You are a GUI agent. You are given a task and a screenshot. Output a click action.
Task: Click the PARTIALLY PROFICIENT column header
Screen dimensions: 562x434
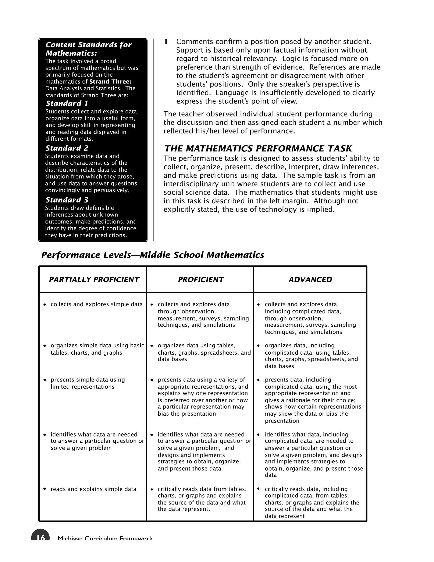94,280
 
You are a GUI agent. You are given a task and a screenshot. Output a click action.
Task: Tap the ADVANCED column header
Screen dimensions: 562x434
310,280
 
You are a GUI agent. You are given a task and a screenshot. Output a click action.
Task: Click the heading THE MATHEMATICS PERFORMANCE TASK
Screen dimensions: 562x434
258,148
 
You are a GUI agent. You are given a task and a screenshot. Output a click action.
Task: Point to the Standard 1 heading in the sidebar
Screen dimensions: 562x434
67,103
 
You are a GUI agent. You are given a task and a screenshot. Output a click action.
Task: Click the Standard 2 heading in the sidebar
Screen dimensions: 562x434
67,148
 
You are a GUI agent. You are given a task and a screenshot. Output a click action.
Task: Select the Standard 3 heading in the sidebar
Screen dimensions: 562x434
67,200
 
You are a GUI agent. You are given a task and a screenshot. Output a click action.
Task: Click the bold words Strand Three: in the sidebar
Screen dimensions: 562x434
110,82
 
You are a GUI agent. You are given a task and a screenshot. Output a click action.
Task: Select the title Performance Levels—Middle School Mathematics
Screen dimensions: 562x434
153,255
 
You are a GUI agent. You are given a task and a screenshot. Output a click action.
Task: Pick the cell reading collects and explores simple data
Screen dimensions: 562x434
96,304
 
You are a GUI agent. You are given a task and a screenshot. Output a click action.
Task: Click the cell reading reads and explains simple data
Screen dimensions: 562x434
93,489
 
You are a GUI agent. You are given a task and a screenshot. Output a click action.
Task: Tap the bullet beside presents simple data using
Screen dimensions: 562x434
45,380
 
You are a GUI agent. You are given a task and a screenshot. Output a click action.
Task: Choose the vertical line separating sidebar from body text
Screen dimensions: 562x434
153,139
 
